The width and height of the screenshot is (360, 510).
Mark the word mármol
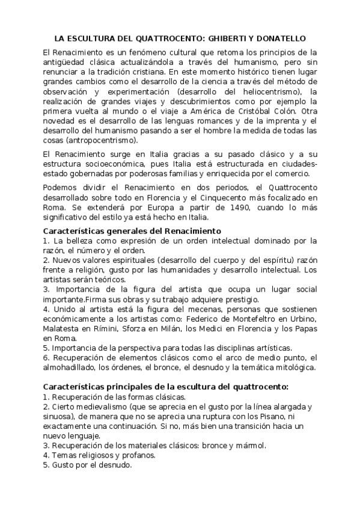point(250,446)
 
